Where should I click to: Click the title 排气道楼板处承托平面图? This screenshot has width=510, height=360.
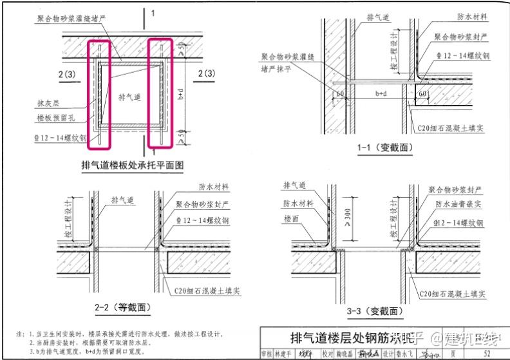pos(133,166)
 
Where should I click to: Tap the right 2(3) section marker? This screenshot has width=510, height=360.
pos(206,73)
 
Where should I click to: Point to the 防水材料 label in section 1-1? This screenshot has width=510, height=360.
pos(473,17)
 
